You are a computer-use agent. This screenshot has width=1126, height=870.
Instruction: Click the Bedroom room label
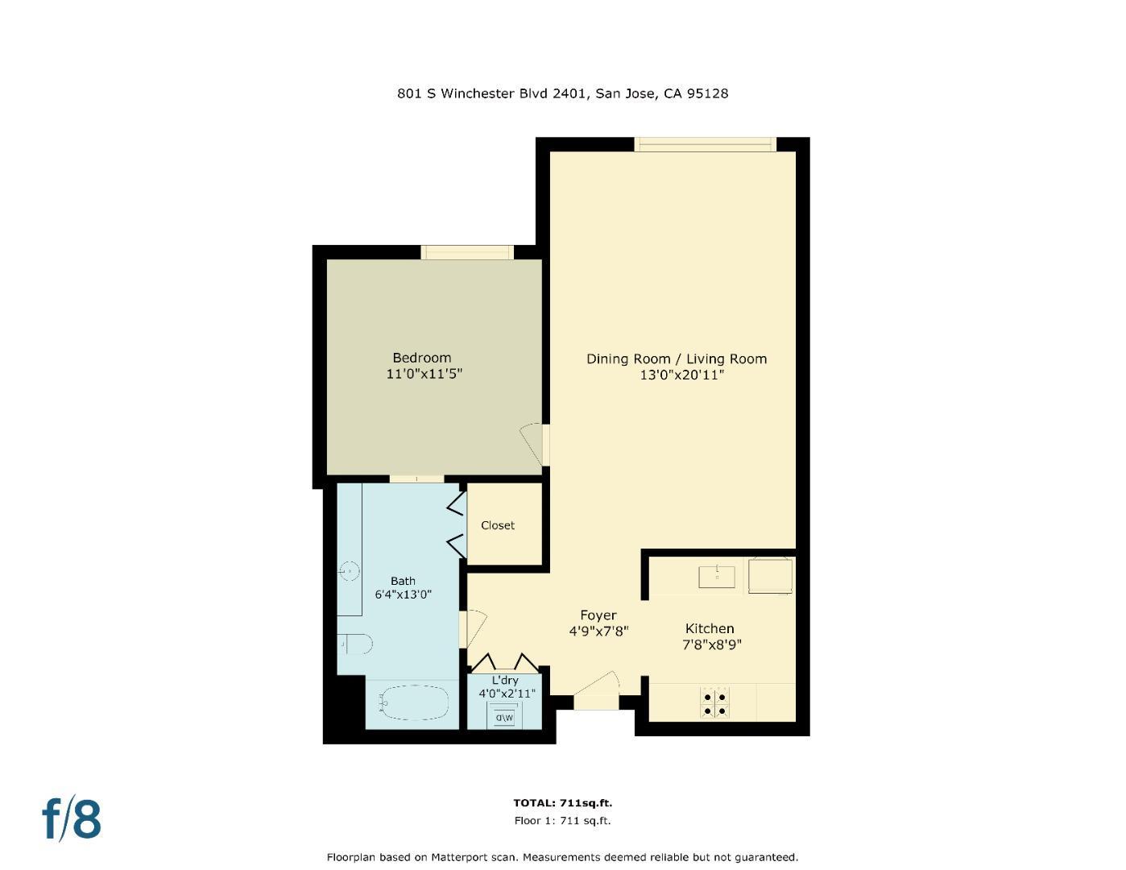click(421, 358)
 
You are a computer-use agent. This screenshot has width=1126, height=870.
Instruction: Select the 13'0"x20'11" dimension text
click(681, 375)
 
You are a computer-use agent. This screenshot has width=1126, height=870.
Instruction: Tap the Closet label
click(497, 525)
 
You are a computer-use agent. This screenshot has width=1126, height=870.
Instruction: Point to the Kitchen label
click(709, 628)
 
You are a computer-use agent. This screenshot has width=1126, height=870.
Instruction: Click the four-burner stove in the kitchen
click(714, 703)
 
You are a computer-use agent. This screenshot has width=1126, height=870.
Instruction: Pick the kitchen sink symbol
click(717, 577)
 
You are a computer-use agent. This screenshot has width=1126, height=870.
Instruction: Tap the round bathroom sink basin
click(350, 571)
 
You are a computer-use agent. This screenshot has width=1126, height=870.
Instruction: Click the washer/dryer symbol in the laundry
click(504, 716)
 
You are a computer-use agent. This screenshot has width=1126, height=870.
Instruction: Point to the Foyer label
click(598, 615)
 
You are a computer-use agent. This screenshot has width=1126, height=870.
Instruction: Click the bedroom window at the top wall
click(467, 252)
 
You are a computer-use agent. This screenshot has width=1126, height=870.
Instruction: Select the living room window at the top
click(705, 145)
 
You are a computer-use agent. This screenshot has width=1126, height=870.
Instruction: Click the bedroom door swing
click(532, 444)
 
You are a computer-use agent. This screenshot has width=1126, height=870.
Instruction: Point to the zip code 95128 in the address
click(707, 93)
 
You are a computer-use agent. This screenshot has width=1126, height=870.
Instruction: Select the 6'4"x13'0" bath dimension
click(403, 595)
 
